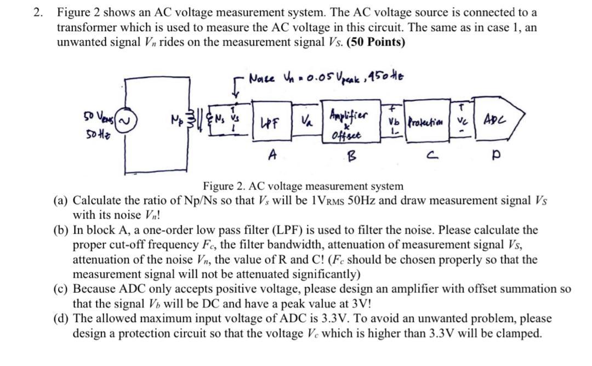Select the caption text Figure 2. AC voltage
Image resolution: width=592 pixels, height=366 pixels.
coord(303,186)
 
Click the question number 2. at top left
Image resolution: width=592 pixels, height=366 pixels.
coord(38,12)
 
